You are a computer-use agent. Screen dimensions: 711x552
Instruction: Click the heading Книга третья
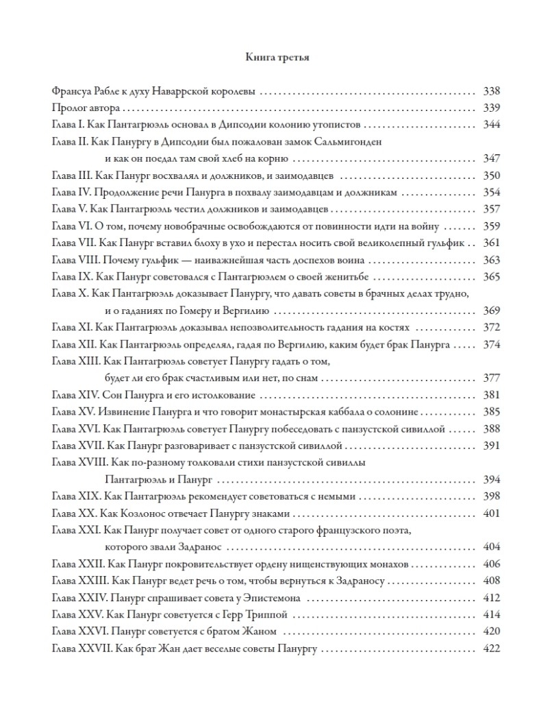pos(277,58)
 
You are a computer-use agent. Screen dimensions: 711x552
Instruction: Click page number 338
pos(491,91)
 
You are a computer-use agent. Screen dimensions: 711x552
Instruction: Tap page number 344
pos(491,125)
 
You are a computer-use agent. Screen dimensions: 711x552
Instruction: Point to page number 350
pos(491,175)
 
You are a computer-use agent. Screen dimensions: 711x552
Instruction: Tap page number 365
pos(491,276)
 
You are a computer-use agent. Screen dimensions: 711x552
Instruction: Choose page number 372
pos(491,327)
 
